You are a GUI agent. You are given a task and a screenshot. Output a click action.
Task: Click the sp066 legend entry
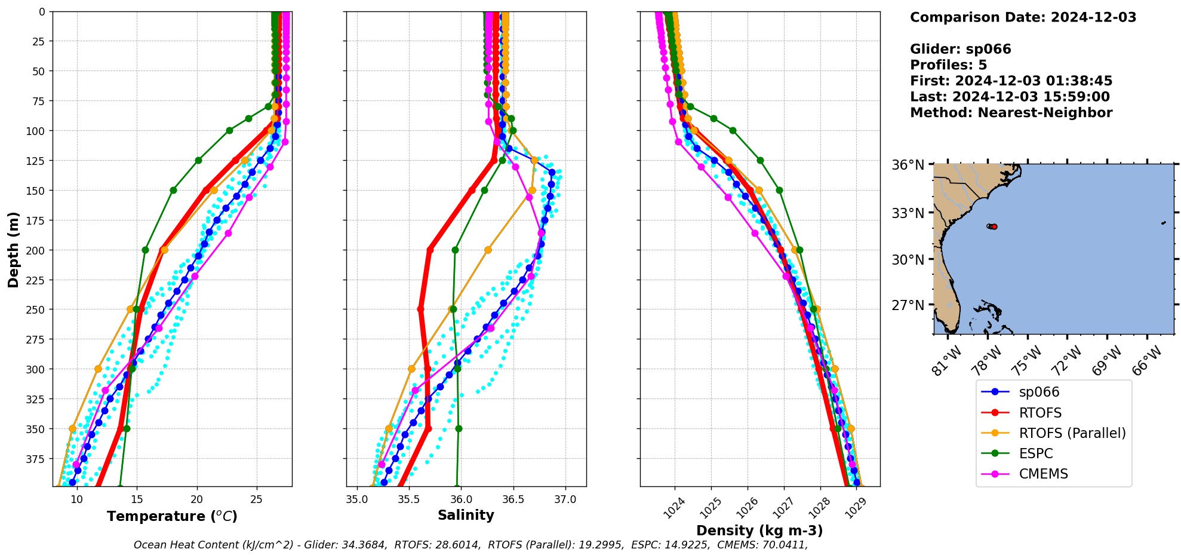[x=1039, y=393]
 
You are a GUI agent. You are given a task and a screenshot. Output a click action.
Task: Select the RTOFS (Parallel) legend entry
[x=1072, y=433]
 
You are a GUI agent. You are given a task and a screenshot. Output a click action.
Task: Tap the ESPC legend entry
[x=1036, y=453]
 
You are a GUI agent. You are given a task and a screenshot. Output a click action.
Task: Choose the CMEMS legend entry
[x=1043, y=474]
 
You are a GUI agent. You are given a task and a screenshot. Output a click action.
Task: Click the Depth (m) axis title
[x=14, y=249]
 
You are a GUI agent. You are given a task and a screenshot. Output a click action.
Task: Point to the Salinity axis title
[x=466, y=516]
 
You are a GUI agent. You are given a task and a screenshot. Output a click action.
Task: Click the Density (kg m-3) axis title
[x=759, y=531]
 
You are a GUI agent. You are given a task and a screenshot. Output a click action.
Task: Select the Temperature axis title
[x=172, y=516]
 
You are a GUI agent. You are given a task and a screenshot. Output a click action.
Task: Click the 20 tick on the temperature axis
[x=197, y=499]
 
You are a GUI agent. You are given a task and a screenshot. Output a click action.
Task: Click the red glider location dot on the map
[x=994, y=226]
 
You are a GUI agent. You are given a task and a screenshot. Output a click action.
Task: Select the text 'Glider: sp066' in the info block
[x=960, y=49]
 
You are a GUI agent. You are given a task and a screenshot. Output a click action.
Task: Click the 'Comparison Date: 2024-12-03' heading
[x=1023, y=17]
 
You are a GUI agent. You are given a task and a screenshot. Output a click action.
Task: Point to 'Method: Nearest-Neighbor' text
[x=1011, y=113]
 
